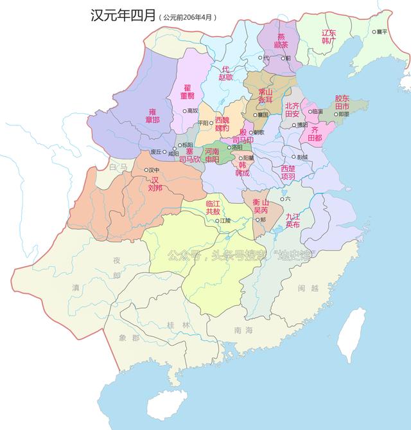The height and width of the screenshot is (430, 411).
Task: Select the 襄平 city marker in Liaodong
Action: [x=375, y=31]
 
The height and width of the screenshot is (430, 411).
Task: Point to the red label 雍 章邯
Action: [x=153, y=115]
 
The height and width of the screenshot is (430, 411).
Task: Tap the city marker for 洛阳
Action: [x=229, y=147]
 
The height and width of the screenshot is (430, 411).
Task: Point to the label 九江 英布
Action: [x=293, y=221]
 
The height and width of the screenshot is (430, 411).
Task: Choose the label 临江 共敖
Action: [x=213, y=207]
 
